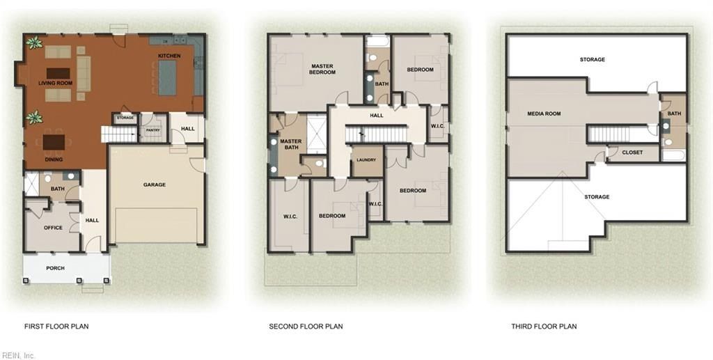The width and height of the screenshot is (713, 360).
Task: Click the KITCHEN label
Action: coord(169,56)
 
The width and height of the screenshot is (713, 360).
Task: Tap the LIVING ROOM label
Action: coord(56,84)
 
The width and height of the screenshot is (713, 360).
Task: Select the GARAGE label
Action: coord(155,185)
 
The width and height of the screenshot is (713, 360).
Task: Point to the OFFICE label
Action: coord(53,228)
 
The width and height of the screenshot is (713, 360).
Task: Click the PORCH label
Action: coord(55,267)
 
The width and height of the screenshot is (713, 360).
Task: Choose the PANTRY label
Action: coord(153,130)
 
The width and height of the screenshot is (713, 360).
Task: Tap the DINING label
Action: coord(54,159)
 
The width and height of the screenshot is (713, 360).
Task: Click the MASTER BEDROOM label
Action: coord(322,70)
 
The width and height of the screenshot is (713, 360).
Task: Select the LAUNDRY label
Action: coord(366,160)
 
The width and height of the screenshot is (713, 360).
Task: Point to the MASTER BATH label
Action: coord(290,145)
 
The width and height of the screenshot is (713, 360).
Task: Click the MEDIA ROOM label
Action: coord(544,114)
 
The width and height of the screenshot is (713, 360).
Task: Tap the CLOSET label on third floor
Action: coord(632,152)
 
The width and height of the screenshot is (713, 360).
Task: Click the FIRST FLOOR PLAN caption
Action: coord(56,327)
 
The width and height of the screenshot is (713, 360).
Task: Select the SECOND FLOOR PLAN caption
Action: coord(306,327)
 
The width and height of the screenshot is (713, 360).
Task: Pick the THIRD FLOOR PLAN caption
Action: coord(544,327)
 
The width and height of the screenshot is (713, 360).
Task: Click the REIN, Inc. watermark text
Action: coord(18,355)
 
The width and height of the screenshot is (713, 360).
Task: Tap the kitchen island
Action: coord(168,77)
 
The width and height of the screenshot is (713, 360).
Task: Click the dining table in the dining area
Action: coord(54,142)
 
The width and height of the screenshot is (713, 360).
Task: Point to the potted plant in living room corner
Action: coord(33,43)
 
